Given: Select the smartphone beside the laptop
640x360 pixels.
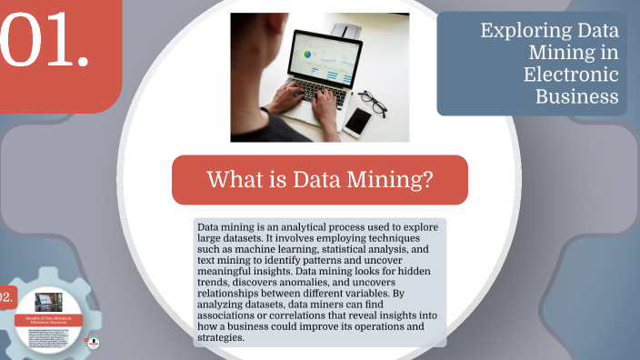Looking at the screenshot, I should click(357, 121).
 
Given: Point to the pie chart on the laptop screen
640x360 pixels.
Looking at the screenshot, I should click(306, 54).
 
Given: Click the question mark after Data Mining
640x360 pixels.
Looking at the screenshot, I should click(426, 180).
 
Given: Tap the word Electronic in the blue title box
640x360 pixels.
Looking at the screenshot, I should click(572, 75).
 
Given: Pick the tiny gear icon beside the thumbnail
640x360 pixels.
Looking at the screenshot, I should click(93, 343).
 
